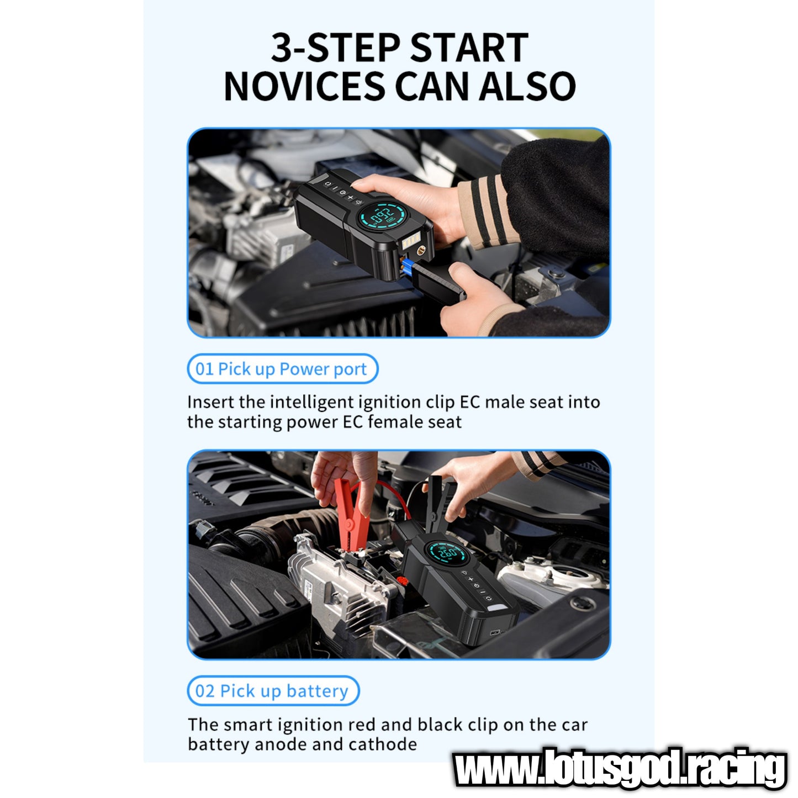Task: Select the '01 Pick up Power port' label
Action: (282, 368)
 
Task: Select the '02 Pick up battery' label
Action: (273, 691)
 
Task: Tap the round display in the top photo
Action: (382, 216)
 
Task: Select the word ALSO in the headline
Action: (527, 86)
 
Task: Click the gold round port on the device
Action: (421, 250)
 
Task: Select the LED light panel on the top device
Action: (411, 241)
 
